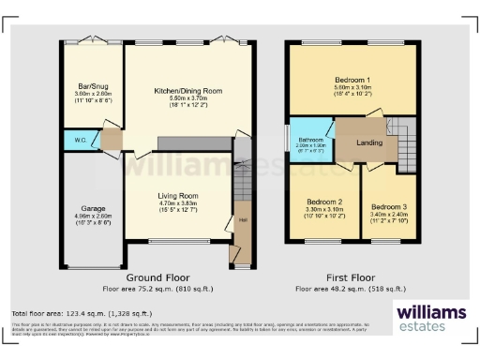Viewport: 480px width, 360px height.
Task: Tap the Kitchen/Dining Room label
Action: pyautogui.click(x=187, y=90)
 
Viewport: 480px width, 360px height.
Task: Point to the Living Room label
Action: pyautogui.click(x=177, y=194)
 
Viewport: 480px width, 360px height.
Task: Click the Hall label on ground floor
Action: pyautogui.click(x=241, y=220)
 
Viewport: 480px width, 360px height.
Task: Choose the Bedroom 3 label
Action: pyautogui.click(x=389, y=206)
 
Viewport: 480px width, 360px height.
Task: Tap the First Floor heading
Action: pyautogui.click(x=350, y=278)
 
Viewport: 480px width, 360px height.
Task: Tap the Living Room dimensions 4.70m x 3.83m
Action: pyautogui.click(x=177, y=202)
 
